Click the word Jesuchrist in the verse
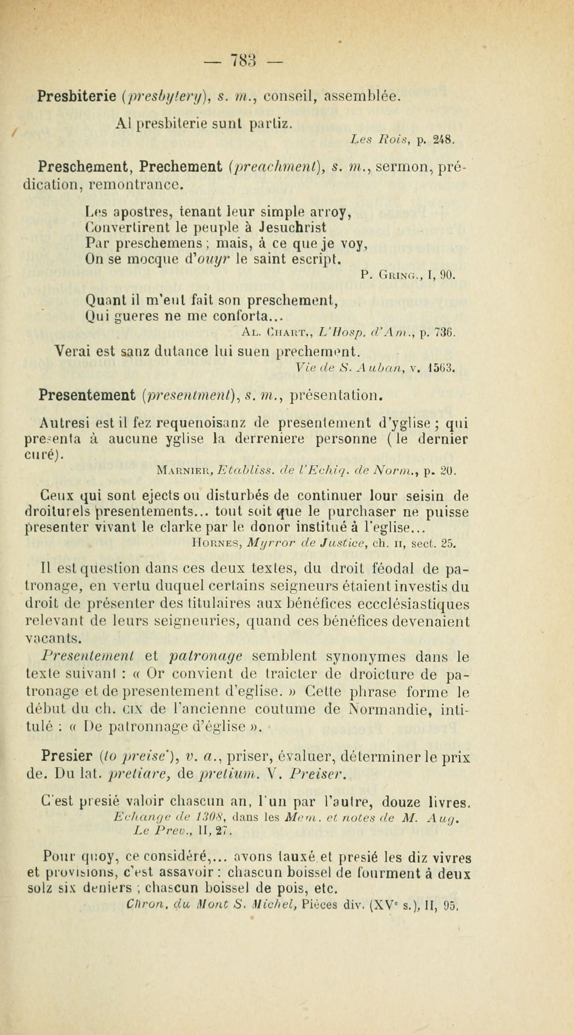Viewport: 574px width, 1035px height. click(292, 227)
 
